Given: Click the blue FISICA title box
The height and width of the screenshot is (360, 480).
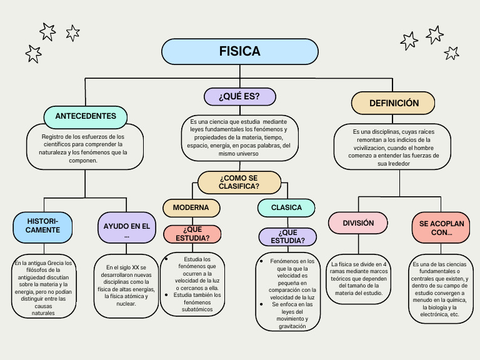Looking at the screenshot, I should pyautogui.click(x=239, y=51).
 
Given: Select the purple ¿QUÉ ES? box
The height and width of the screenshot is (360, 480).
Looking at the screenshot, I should pyautogui.click(x=239, y=96).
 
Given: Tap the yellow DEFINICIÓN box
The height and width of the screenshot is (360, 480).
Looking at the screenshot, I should pyautogui.click(x=394, y=103).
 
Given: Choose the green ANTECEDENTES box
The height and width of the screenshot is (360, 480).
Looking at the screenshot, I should pyautogui.click(x=86, y=116).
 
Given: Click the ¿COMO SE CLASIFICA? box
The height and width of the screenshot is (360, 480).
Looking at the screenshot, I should pyautogui.click(x=239, y=182).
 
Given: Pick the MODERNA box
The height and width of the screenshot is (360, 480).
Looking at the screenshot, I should pyautogui.click(x=191, y=207).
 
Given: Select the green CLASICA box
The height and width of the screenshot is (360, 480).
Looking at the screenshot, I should pyautogui.click(x=286, y=207).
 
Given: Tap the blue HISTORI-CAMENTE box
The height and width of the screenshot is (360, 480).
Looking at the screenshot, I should pyautogui.click(x=43, y=226).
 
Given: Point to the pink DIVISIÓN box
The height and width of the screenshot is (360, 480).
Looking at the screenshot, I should pyautogui.click(x=359, y=223).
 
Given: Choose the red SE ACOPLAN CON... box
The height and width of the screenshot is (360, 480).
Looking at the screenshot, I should pyautogui.click(x=441, y=227).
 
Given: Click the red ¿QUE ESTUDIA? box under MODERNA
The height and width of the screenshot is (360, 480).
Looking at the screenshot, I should pyautogui.click(x=192, y=234).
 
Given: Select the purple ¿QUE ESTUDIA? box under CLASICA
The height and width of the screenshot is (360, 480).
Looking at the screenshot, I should pyautogui.click(x=287, y=237).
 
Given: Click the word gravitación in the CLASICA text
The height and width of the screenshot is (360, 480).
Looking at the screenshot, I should pyautogui.click(x=292, y=326).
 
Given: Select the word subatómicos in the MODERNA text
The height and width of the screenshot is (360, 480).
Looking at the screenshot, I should pyautogui.click(x=197, y=309).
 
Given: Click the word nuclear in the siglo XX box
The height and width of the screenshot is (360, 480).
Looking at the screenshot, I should pyautogui.click(x=127, y=303).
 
